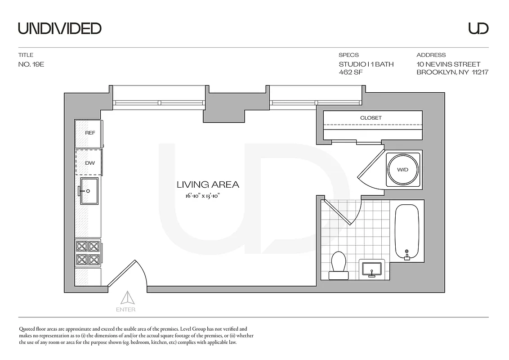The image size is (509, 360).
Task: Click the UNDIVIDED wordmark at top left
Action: [x=59, y=28]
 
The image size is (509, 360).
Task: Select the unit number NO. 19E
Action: [x=31, y=64]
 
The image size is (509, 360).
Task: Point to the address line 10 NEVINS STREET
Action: [x=448, y=64]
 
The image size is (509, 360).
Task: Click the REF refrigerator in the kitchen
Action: [x=89, y=133]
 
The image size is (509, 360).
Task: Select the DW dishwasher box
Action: [x=89, y=163]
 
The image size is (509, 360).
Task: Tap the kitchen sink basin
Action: [x=89, y=191]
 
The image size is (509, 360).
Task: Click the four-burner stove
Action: [x=88, y=253]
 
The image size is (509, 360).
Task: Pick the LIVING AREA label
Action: [x=208, y=184]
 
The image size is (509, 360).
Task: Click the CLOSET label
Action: [x=371, y=118]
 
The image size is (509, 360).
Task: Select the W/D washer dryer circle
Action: [x=403, y=170]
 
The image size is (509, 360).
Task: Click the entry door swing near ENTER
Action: [x=130, y=275]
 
